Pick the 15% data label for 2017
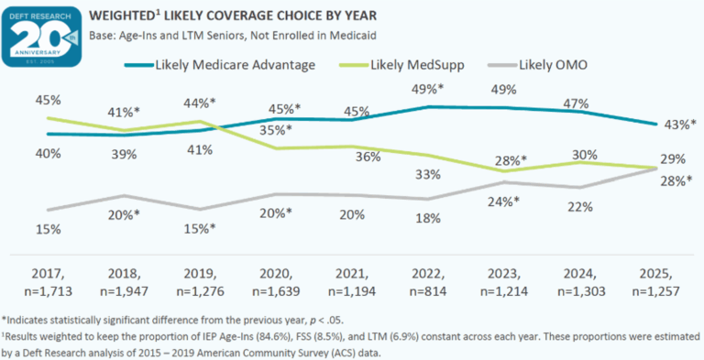(x=48, y=227)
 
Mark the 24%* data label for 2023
(x=502, y=201)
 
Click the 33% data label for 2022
(x=428, y=174)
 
